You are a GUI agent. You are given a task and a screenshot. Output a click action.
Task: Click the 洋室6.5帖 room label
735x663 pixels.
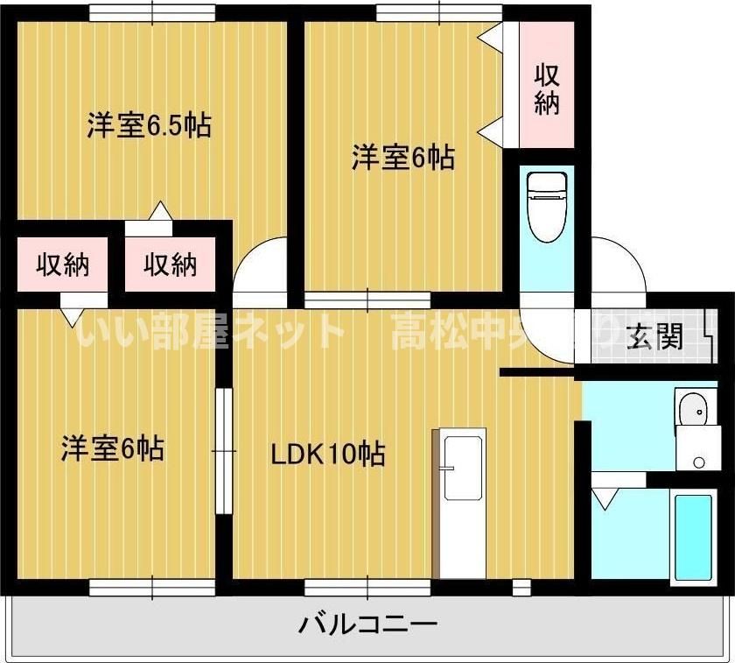pos(148,126)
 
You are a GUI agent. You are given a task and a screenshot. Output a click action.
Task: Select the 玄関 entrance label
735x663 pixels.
pos(655,335)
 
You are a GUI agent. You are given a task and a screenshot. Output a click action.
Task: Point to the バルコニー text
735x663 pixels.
pos(367,625)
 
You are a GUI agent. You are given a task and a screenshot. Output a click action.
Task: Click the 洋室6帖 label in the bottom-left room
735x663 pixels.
pos(112,448)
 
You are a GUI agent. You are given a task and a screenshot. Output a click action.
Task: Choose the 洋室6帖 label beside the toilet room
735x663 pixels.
pos(402,158)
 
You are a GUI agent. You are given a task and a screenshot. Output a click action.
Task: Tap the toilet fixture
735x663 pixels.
pos(547,207)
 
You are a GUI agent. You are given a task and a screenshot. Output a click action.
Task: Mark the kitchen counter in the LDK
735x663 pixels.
pos(461,504)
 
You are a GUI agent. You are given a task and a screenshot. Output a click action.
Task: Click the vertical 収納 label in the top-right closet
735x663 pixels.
pos(548,88)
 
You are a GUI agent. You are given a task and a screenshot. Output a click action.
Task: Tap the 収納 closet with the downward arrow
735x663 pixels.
pos(62,264)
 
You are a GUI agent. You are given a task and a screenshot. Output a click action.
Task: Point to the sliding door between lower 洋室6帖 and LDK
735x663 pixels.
pos(225,450)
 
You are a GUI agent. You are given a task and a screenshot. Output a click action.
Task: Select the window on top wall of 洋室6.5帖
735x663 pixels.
pos(152,12)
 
